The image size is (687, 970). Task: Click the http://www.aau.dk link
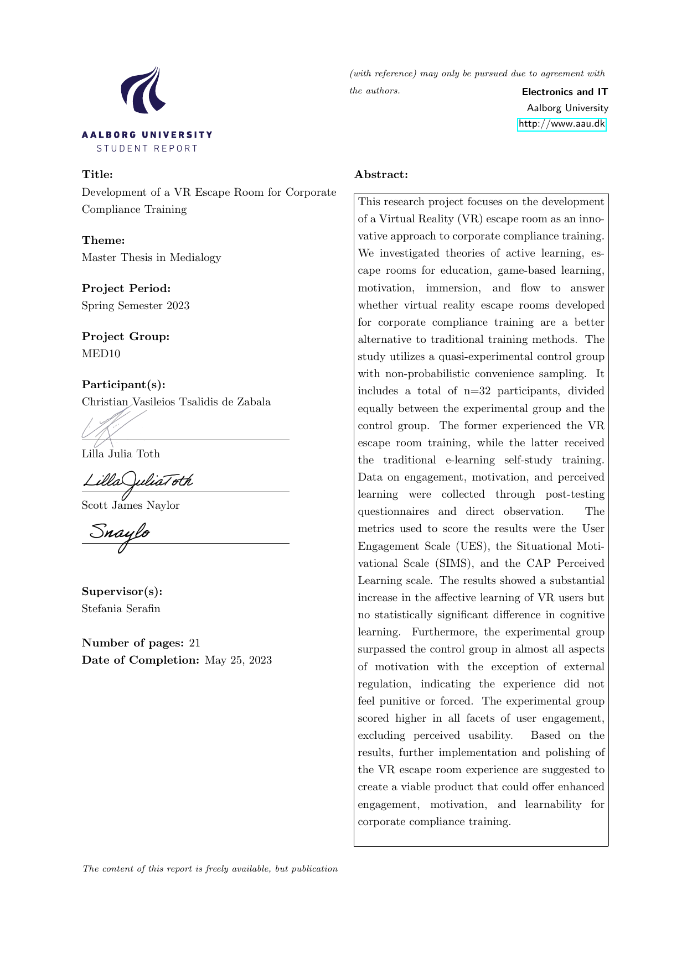coord(561,124)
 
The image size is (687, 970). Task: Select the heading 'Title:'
coord(97,175)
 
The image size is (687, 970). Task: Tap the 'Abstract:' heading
coord(381,175)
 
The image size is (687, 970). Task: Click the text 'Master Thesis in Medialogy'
coord(151,258)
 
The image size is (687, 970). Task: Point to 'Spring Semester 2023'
coord(136,306)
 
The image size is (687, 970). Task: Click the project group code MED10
coord(101,354)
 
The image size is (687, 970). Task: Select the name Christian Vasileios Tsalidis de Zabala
coord(176,402)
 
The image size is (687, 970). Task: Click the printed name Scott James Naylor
coord(131,505)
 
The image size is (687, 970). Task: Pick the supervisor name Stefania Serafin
coord(121,609)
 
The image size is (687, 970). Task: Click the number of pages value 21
coord(194,643)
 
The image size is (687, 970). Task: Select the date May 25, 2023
coord(238,660)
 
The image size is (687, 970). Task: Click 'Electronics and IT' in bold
coord(565,92)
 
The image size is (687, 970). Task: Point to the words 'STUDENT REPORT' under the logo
coord(147,149)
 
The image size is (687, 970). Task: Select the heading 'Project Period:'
coord(126,289)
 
